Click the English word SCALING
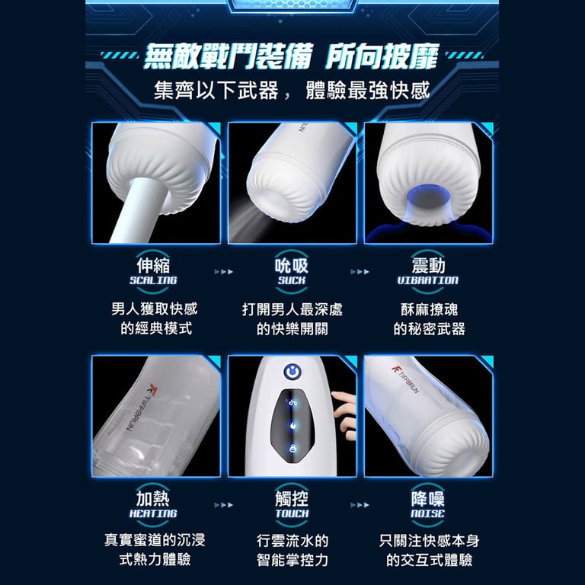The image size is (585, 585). [153, 280]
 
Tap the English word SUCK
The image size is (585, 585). [292, 280]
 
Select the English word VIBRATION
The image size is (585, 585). [427, 280]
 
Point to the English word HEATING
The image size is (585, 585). [153, 513]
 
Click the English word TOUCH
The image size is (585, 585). [292, 513]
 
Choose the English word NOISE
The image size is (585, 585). [427, 513]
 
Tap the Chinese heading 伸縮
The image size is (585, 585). [153, 265]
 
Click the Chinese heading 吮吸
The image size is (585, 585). [292, 265]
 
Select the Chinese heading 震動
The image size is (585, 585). [428, 265]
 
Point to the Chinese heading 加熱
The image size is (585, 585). [153, 498]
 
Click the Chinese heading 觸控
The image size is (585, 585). [292, 498]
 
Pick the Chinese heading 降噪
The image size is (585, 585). [428, 498]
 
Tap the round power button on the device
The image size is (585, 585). [292, 372]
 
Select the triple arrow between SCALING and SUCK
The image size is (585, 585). [223, 272]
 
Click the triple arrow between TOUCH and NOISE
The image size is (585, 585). [360, 505]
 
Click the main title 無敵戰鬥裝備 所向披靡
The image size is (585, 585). [292, 56]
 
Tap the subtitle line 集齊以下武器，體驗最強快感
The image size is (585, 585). [292, 91]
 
